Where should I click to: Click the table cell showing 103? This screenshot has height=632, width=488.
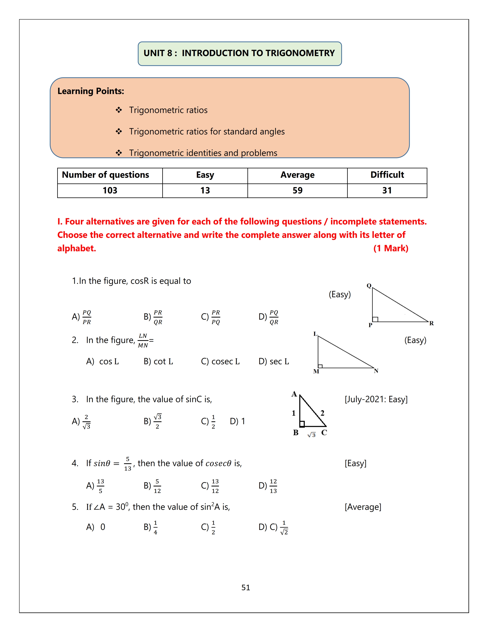[x=110, y=190]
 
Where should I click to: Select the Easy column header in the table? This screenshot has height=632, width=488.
[x=205, y=175]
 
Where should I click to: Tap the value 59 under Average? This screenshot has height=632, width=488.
[x=297, y=190]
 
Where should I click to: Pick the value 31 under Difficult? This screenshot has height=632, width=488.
[x=387, y=190]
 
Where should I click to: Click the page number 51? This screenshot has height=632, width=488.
[x=246, y=587]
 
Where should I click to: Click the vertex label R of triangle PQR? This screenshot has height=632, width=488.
[x=431, y=323]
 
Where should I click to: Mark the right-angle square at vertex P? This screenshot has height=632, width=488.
[x=375, y=319]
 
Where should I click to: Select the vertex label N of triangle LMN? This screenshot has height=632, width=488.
[x=376, y=371]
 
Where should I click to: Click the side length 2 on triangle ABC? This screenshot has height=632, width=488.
[x=322, y=413]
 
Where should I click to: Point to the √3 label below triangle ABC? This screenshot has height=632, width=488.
[x=312, y=435]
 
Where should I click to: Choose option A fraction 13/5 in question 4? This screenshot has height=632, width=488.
[x=100, y=486]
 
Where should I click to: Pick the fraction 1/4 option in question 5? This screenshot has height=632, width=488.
[x=155, y=527]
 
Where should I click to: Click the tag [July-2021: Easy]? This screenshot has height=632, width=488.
[x=376, y=399]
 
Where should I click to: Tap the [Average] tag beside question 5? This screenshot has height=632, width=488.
[x=363, y=507]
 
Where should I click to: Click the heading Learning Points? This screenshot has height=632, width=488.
[x=91, y=91]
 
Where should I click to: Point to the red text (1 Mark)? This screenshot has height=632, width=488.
[x=391, y=248]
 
